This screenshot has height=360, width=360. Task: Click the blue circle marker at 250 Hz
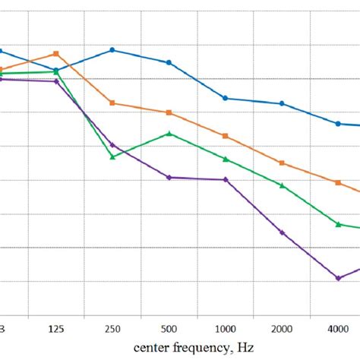[x=112, y=50]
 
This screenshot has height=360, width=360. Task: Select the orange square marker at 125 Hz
[x=55, y=54]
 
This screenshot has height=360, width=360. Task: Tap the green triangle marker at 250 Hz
[x=112, y=156]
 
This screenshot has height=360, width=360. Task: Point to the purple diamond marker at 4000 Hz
[x=339, y=278]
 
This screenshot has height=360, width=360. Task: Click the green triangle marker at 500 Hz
[x=169, y=134]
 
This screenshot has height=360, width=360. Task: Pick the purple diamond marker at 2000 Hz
[x=282, y=232]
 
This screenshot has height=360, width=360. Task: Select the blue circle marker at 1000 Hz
[x=226, y=98]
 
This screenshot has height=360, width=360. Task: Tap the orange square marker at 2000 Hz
[x=282, y=163]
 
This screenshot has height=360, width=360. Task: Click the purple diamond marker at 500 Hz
[x=169, y=177]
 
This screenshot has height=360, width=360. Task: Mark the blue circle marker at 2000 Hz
[x=282, y=103]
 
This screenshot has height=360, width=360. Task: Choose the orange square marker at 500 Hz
[x=169, y=112]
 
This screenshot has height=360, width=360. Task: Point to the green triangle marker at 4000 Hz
[x=339, y=224]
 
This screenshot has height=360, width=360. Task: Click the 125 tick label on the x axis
[x=55, y=328]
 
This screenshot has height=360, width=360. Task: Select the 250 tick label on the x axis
[x=112, y=328]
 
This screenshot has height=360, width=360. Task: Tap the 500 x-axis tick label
[x=169, y=328]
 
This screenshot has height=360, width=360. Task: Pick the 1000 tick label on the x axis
[x=226, y=328]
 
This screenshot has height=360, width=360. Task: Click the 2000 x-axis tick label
[x=282, y=328]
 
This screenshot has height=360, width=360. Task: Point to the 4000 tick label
[x=339, y=328]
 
